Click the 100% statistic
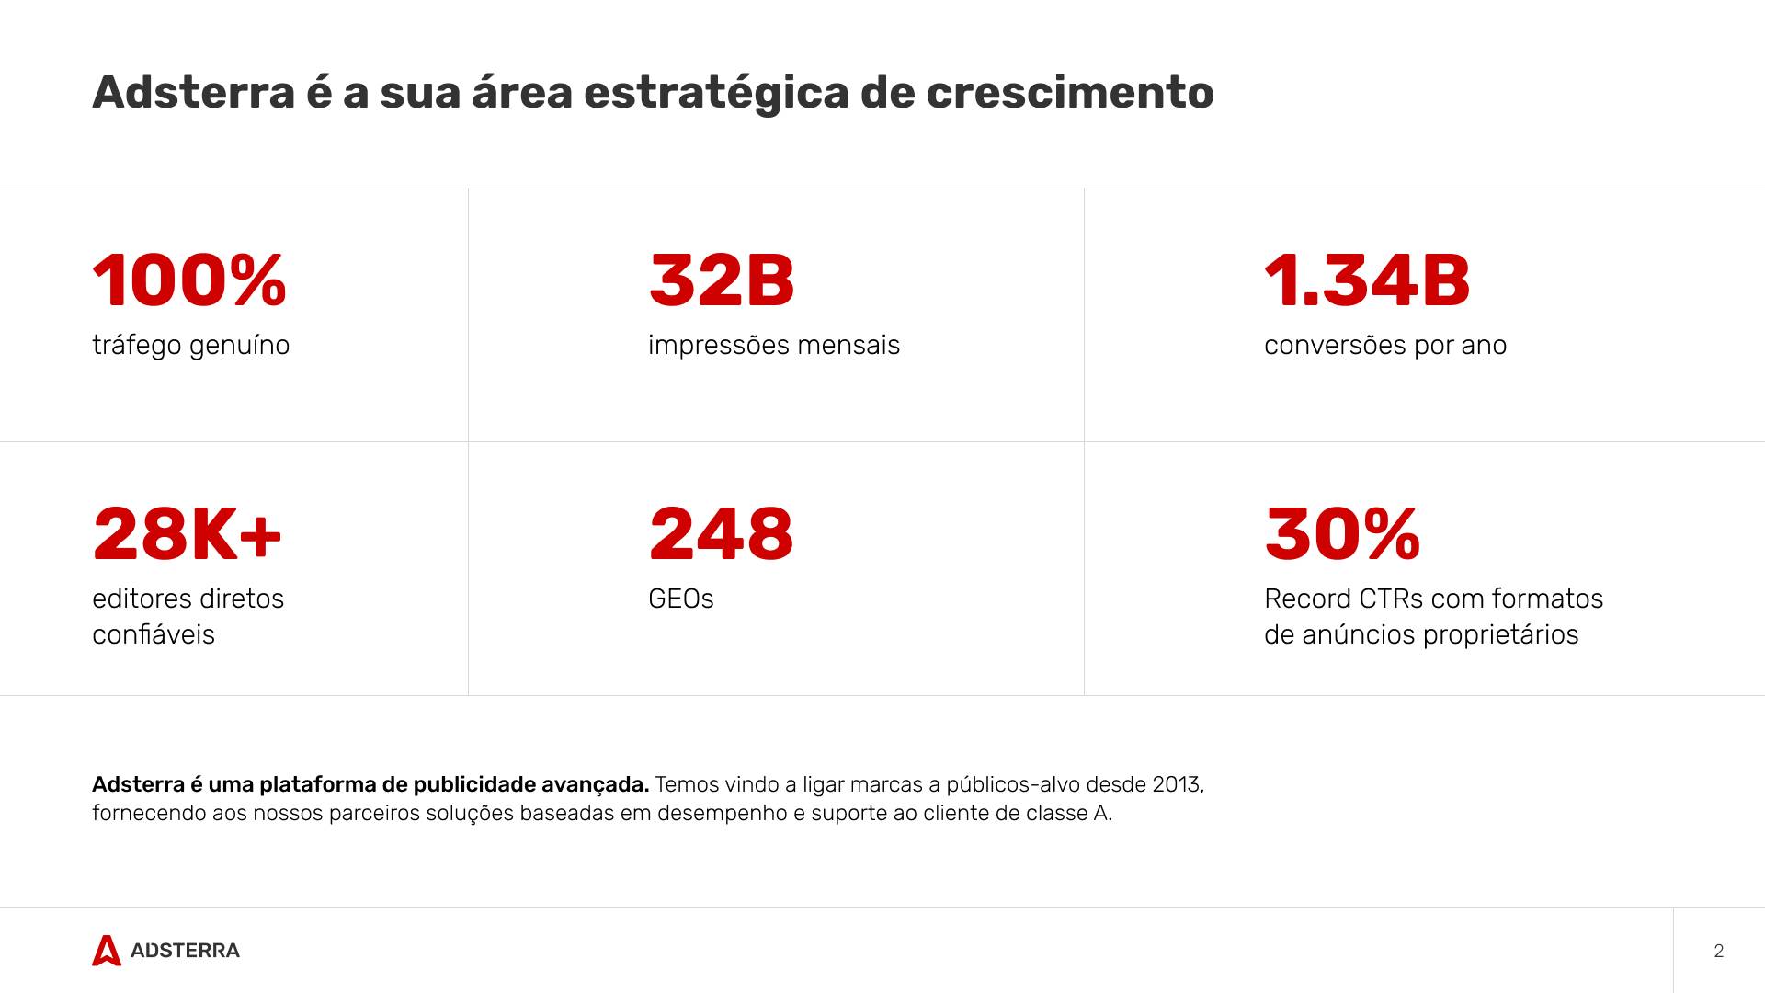pos(189,280)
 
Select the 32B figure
pos(721,280)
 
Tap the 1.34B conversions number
pos(1367,280)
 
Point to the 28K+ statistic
pos(187,534)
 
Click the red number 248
pos(721,534)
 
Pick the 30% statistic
pos(1342,534)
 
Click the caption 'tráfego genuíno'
pos(190,346)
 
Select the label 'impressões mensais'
pos(773,346)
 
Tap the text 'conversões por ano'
pos(1384,346)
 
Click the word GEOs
pos(680,599)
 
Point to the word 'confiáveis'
pos(153,635)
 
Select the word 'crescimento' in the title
pos(1069,93)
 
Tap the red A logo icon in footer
pos(107,951)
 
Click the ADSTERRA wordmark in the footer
pos(185,951)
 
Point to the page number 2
pos(1718,951)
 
